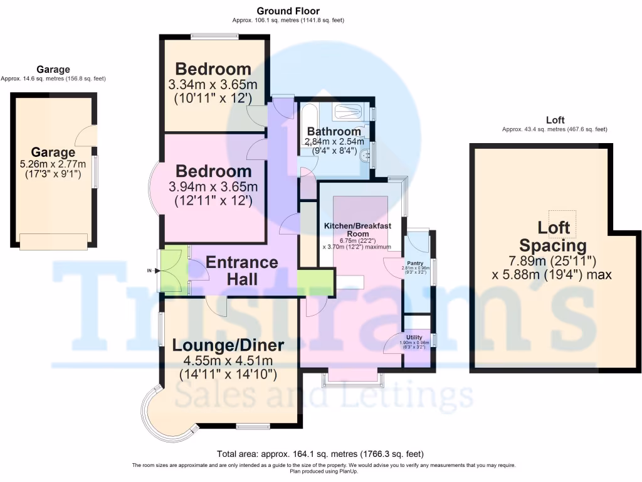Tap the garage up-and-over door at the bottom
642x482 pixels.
pos(53,241)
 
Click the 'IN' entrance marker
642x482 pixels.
pos(149,270)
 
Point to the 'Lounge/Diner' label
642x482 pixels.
pos(228,345)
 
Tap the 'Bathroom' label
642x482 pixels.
pos(334,132)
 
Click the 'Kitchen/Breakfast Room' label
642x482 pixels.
pos(357,229)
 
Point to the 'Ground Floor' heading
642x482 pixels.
pos(288,11)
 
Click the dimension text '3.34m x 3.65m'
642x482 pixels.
pos(213,85)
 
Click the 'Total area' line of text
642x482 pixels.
pos(320,454)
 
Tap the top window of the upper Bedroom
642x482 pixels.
pos(214,36)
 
